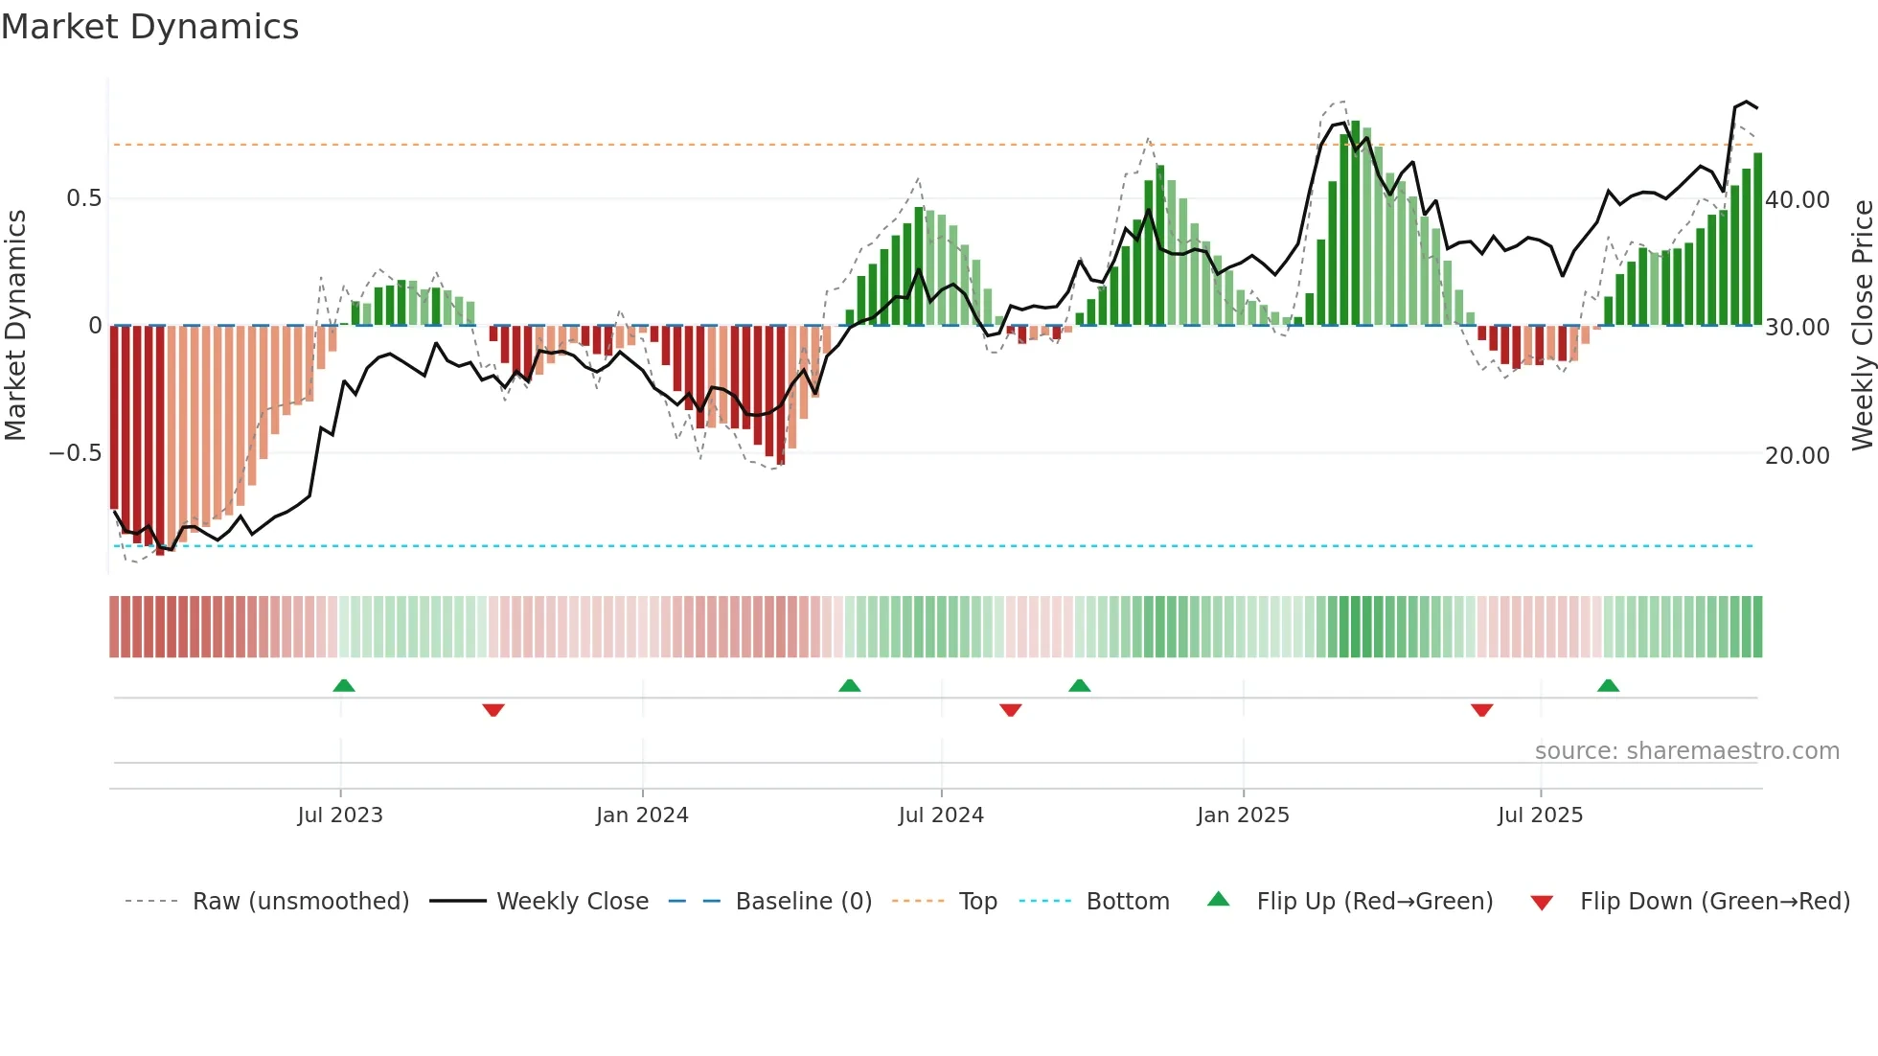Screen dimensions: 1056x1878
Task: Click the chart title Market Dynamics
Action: pyautogui.click(x=149, y=27)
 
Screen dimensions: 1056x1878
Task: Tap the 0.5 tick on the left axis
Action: pyautogui.click(x=83, y=198)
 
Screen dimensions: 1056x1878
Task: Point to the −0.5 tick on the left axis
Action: pyautogui.click(x=76, y=453)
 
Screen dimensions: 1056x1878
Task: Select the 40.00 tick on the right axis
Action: pyautogui.click(x=1798, y=200)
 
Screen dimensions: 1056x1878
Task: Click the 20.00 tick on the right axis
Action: pyautogui.click(x=1798, y=456)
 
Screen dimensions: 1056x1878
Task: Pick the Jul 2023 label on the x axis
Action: pyautogui.click(x=340, y=815)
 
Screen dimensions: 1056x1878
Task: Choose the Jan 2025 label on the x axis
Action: pyautogui.click(x=1243, y=815)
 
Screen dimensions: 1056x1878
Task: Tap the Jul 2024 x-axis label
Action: pyautogui.click(x=941, y=815)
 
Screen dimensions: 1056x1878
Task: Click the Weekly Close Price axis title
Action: pyautogui.click(x=1862, y=326)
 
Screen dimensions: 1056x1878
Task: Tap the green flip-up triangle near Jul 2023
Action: pyautogui.click(x=344, y=685)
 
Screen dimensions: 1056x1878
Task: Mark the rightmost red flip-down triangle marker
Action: pyautogui.click(x=1481, y=710)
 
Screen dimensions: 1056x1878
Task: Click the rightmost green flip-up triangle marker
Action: pyautogui.click(x=1608, y=685)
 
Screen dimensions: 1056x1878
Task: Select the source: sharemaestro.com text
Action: pyautogui.click(x=1686, y=751)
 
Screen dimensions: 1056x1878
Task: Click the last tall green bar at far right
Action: pyautogui.click(x=1757, y=240)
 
